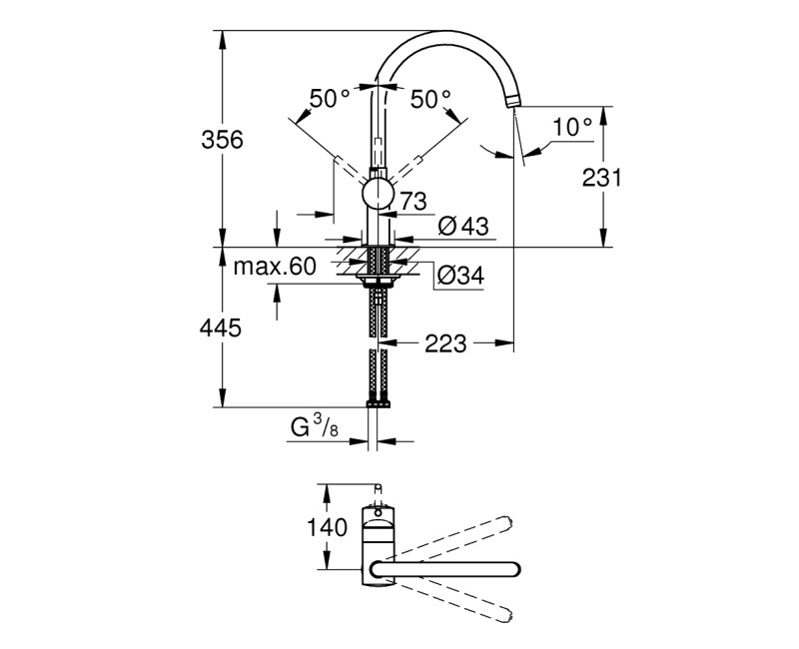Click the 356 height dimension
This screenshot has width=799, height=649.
(x=223, y=139)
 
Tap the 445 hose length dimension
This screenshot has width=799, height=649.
(x=222, y=327)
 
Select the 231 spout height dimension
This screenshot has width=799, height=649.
(x=601, y=177)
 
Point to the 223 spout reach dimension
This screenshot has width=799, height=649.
(x=446, y=343)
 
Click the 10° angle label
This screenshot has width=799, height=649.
(x=573, y=126)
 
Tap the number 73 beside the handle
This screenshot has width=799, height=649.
(x=413, y=201)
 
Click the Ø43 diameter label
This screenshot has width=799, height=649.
(x=462, y=227)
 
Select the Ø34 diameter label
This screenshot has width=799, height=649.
(x=460, y=277)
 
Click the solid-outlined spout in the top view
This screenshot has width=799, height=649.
(x=444, y=568)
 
